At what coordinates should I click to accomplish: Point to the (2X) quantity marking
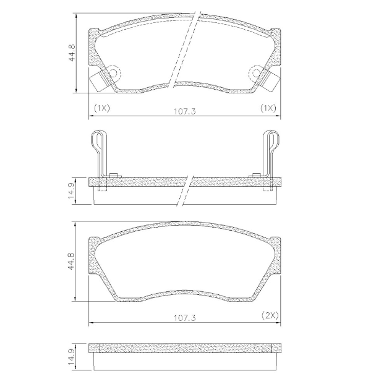(x=270, y=315)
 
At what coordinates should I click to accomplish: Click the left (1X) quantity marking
(x=101, y=108)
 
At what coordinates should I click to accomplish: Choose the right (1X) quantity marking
(x=268, y=108)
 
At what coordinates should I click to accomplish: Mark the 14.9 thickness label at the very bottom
(x=72, y=357)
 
